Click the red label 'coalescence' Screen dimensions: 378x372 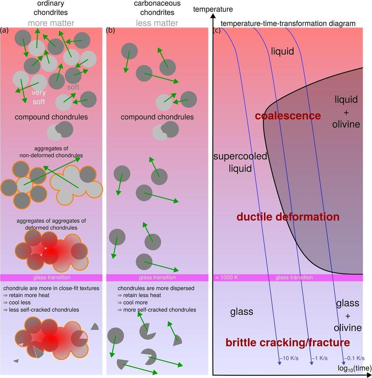288,116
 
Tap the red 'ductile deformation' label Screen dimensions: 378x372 288,217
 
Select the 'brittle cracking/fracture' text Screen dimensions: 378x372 288,342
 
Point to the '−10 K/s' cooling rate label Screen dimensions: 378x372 289,358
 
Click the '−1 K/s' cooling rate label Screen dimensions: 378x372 319,358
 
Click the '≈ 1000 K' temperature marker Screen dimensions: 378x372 226,278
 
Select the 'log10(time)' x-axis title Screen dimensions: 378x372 354,369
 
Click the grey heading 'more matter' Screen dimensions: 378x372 51,23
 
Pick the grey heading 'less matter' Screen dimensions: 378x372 157,23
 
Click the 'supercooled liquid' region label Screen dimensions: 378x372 240,162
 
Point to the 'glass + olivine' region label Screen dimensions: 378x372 348,315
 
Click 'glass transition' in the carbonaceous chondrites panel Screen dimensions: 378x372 157,278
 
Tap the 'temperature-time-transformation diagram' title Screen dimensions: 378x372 288,23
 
